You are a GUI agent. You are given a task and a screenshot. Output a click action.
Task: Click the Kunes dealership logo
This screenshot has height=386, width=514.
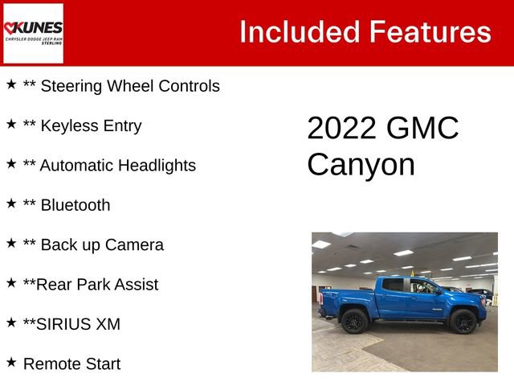coord(33,33)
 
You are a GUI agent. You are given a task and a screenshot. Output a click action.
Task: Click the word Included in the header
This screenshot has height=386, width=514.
coord(299,32)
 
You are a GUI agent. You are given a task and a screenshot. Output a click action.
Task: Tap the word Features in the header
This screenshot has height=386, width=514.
coord(430,32)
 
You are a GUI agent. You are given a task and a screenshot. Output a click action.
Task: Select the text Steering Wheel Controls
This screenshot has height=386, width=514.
coord(129,86)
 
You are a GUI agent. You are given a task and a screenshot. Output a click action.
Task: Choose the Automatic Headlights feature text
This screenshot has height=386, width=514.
coord(117,166)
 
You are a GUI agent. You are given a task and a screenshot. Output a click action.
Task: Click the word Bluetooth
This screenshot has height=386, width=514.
coord(75,205)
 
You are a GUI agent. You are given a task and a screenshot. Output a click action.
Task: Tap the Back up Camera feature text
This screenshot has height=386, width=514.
coord(101,244)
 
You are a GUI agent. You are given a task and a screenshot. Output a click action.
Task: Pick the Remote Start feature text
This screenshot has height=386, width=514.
coord(71,363)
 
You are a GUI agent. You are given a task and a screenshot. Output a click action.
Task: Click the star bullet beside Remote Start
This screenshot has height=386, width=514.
coord(11,362)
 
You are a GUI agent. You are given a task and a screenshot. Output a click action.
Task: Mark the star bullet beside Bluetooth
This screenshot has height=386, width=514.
coord(11,203)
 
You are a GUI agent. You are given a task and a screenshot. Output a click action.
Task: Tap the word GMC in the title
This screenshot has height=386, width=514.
coord(422,129)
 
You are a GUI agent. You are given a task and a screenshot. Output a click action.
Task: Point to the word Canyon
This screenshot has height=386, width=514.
coord(361,165)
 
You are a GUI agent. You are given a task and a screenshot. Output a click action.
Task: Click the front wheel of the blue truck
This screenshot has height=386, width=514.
coord(463,322)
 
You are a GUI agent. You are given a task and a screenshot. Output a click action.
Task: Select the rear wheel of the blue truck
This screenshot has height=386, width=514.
coord(354,322)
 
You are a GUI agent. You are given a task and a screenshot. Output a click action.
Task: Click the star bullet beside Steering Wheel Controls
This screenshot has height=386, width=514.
coord(11,84)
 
